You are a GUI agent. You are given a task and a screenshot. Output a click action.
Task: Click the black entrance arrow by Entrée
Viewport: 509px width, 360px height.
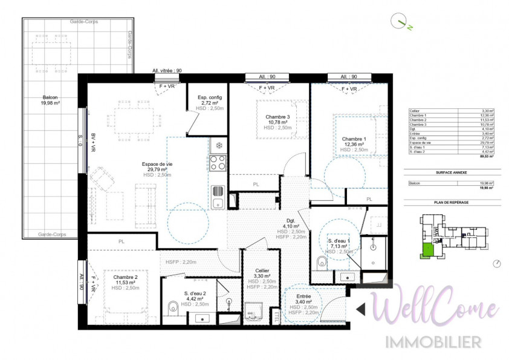point(360,309)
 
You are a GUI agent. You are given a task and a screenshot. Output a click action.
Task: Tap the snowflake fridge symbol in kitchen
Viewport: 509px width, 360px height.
point(217,146)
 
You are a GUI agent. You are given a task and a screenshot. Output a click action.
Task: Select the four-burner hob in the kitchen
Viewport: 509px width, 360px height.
point(218,162)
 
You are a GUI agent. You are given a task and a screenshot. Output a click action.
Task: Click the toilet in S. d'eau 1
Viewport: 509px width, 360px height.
point(322,261)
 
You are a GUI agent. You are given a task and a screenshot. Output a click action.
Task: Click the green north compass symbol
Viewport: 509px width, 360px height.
point(400,23)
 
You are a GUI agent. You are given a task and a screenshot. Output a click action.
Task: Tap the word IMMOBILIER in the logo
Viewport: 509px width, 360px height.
point(434,341)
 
